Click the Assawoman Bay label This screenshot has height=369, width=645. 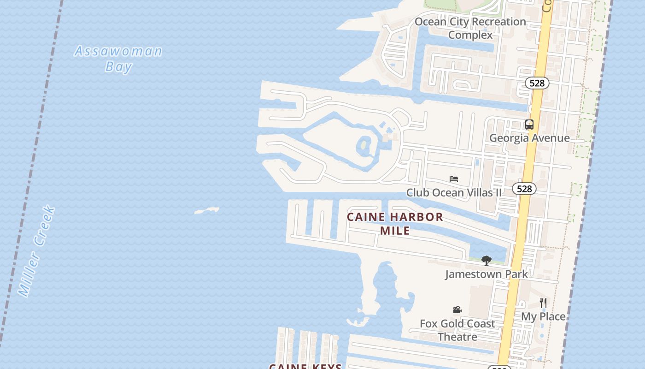point(118,59)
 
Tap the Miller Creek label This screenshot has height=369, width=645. point(37,251)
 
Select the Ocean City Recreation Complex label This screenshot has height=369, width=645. point(470,28)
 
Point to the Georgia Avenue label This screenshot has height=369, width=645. point(529,138)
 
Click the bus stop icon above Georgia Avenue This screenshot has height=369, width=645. point(529,125)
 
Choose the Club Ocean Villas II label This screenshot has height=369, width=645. point(454,192)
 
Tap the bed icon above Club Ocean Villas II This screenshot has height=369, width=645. point(454,179)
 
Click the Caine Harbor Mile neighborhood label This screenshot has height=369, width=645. point(395,223)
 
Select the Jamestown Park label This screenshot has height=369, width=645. point(486,274)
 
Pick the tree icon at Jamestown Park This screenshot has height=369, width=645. point(486,261)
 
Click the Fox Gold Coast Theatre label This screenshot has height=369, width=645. point(457,330)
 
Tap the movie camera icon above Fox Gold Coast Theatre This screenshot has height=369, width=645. point(457,309)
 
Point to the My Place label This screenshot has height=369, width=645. point(543,316)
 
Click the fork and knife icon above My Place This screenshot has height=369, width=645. point(543,303)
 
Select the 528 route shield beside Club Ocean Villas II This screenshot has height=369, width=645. point(524,189)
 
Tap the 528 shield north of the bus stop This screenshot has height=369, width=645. point(537,83)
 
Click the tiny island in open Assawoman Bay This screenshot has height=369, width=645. point(207,211)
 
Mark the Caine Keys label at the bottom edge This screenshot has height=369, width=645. point(305,366)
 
